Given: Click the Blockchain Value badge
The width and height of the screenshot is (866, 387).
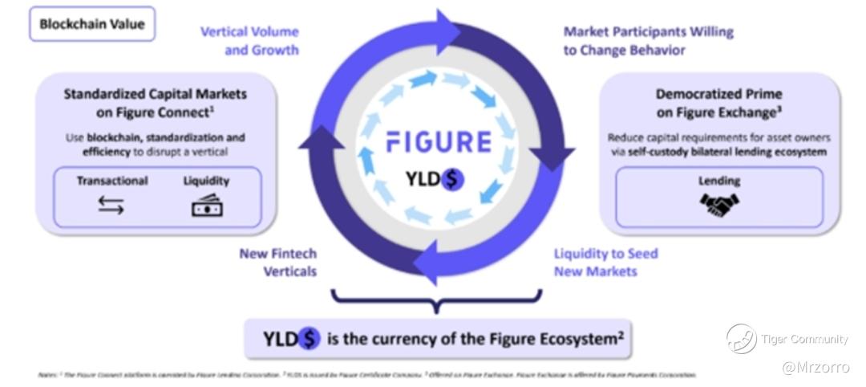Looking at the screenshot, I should point(92,24).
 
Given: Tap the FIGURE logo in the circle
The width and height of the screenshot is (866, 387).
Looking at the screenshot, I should point(438,142).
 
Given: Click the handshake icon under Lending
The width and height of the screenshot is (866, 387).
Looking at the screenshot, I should point(719,206).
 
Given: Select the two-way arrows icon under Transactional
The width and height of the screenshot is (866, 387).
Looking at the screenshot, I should point(111,206).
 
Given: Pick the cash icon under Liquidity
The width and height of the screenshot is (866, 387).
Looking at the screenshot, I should point(206,206).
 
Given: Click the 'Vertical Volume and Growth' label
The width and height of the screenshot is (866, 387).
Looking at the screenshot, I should point(249,41).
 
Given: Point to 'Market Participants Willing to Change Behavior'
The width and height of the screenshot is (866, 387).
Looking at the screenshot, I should point(648,41).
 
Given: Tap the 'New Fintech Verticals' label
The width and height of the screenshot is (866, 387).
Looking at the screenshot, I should point(277,263).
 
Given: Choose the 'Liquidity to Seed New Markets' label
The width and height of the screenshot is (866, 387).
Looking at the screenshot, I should point(605,263).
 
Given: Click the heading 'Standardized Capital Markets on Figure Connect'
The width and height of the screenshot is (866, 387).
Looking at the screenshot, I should point(156,102).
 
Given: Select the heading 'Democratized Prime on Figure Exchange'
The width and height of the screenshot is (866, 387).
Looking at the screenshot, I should point(718,102).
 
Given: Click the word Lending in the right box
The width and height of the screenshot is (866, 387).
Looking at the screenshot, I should point(719,181).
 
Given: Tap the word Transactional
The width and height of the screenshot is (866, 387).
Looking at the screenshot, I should point(111,181).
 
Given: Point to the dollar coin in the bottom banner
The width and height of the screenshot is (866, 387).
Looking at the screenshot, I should point(309,339).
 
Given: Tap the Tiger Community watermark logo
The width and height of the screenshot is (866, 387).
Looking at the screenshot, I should point(742,338).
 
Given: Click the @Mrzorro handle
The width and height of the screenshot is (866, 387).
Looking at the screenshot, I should point(815,366).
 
